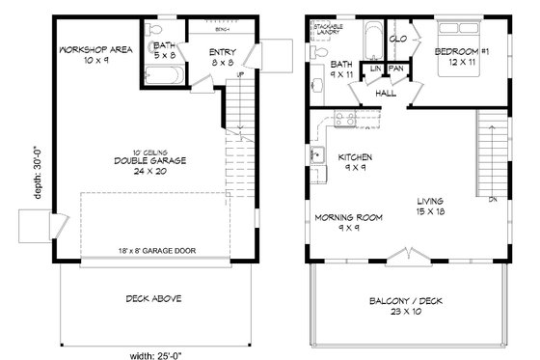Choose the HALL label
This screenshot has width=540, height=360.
click(385, 94)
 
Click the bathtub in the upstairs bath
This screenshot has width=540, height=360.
click(369, 43)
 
